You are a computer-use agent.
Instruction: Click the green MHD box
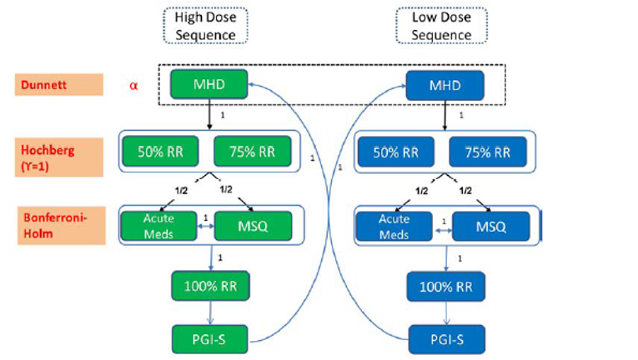click(209, 84)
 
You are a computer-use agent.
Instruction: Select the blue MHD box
click(445, 84)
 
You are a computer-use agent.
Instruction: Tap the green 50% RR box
click(162, 152)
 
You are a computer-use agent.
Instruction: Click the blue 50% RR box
click(397, 152)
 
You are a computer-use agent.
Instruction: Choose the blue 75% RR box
click(487, 152)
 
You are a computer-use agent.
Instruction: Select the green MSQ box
click(254, 224)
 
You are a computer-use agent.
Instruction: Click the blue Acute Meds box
click(394, 225)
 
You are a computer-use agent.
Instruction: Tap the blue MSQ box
click(491, 225)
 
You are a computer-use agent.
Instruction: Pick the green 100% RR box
click(209, 286)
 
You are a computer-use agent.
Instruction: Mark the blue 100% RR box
click(445, 287)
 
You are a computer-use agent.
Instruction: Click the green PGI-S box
click(209, 339)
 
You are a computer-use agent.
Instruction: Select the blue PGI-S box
click(445, 339)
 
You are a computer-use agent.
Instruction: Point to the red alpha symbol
click(133, 85)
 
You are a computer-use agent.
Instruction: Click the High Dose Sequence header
click(205, 26)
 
